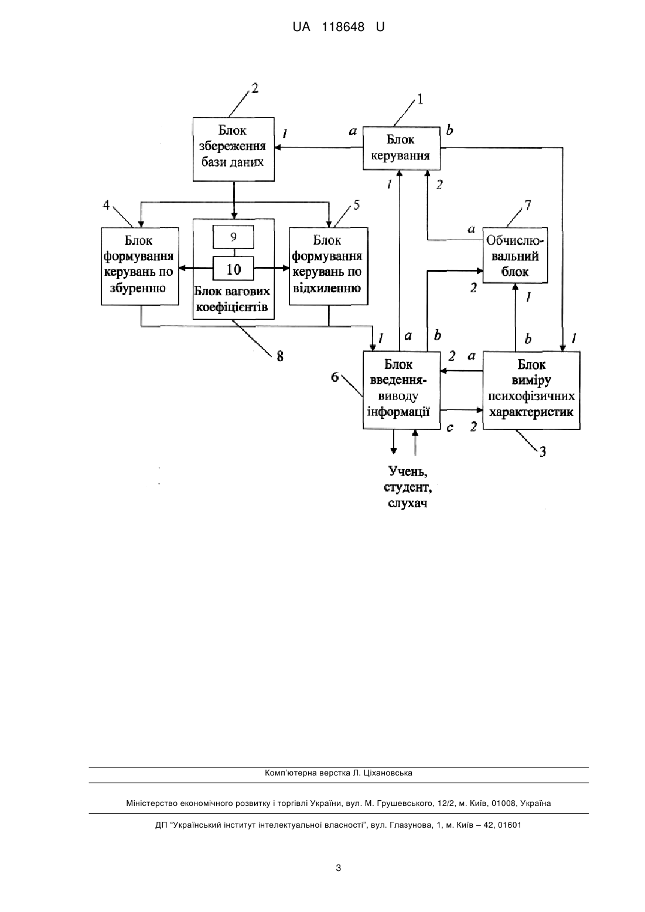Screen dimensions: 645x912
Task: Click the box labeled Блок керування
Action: point(401,148)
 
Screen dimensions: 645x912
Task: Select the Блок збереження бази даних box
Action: point(233,149)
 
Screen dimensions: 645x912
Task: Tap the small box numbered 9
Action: point(233,237)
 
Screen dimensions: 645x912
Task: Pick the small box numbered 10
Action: point(233,268)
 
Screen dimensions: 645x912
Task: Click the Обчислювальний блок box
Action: point(515,255)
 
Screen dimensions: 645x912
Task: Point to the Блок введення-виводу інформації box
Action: point(401,390)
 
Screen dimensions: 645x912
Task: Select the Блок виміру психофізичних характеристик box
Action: point(531,390)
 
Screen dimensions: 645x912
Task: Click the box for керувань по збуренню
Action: point(139,267)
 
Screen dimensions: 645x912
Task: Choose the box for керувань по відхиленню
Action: point(328,267)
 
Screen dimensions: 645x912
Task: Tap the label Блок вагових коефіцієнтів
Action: point(232,299)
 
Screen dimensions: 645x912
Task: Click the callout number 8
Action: point(280,357)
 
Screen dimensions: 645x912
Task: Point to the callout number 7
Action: point(528,205)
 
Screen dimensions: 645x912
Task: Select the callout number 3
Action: point(543,452)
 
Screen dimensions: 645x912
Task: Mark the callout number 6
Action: point(335,377)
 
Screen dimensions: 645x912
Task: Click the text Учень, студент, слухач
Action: point(408,487)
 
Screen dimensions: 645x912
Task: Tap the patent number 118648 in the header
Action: point(343,27)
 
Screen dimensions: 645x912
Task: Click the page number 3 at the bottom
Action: point(339,868)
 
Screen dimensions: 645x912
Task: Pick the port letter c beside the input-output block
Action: point(450,428)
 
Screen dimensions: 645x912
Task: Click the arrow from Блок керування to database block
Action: point(319,148)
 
